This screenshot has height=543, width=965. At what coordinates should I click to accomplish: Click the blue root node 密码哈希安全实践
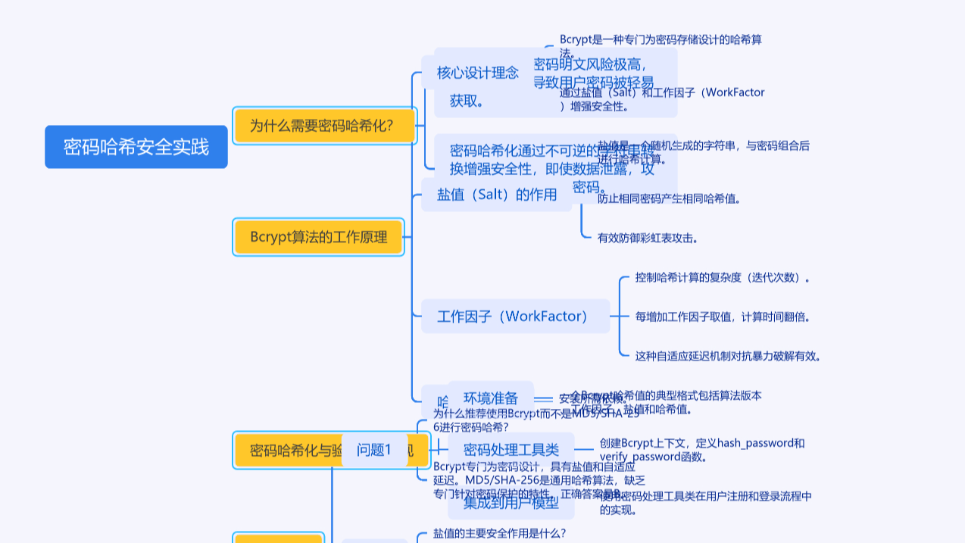click(136, 147)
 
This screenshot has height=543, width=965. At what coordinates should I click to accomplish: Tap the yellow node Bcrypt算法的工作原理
click(319, 237)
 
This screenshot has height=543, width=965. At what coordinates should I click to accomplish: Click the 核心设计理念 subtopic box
click(477, 73)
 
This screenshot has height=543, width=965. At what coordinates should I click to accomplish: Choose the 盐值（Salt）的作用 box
click(497, 195)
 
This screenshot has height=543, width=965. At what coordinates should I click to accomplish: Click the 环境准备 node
click(491, 398)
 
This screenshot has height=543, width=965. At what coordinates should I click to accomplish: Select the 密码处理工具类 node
click(511, 450)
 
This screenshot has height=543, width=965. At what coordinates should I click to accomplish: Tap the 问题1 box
click(374, 450)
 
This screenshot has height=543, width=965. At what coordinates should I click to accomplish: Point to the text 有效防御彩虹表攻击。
click(648, 238)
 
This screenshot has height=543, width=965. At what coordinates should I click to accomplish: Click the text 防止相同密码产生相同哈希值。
click(669, 199)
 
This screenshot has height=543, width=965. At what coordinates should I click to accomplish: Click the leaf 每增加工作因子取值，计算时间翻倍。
click(723, 317)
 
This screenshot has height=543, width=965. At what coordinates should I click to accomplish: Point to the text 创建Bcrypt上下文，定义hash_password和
click(702, 443)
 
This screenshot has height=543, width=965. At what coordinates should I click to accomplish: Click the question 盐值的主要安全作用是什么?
click(500, 533)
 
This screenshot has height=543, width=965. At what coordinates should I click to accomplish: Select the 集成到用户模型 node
click(511, 502)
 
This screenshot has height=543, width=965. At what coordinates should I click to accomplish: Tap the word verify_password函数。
click(654, 457)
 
